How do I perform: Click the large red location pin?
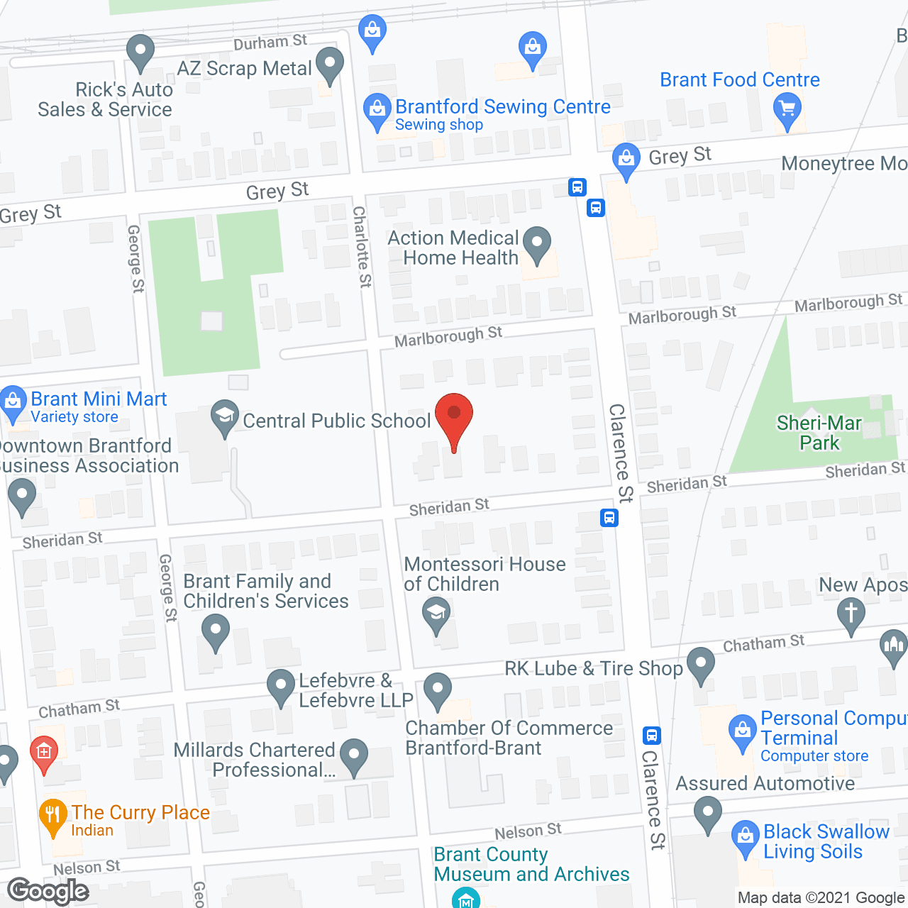[x=453, y=414]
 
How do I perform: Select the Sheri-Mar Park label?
[x=819, y=433]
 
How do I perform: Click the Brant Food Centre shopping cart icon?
[x=787, y=109]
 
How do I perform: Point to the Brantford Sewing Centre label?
[x=502, y=107]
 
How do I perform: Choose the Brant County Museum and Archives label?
[x=531, y=864]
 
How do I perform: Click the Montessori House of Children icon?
[x=436, y=613]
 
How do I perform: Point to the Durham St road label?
[x=270, y=43]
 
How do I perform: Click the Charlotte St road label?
[x=362, y=246]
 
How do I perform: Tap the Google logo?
[x=48, y=891]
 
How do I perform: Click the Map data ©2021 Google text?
[x=821, y=898]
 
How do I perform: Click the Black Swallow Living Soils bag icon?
[x=745, y=836]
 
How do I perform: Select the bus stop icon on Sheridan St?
[x=609, y=518]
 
